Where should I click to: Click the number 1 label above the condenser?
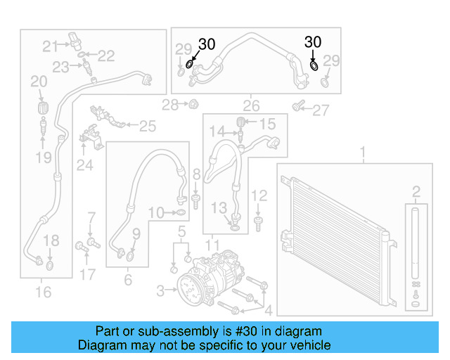tap(363, 152)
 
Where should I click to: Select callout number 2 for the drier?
tap(416, 191)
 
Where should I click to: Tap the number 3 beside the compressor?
tap(161, 290)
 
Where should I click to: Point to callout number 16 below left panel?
tap(44, 291)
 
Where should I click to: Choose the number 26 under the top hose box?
tap(251, 106)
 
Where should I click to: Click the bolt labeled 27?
tap(299, 106)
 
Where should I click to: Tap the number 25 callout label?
tap(147, 127)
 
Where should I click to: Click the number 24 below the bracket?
tap(85, 166)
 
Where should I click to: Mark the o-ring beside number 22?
tap(82, 55)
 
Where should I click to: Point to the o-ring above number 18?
tap(49, 266)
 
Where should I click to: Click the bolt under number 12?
tap(259, 222)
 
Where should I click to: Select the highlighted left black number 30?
tap(206, 44)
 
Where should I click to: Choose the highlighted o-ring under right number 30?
tap(314, 66)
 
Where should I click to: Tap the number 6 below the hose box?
tap(127, 280)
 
